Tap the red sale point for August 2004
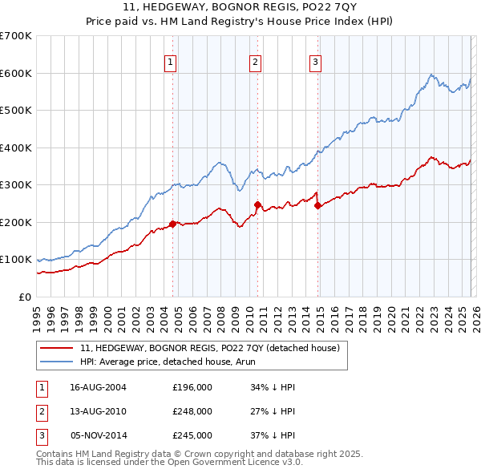pyautogui.click(x=172, y=224)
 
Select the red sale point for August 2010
pyautogui.click(x=257, y=204)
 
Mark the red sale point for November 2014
pyautogui.click(x=317, y=205)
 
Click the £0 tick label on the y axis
pyautogui.click(x=25, y=297)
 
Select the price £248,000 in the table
pyautogui.click(x=192, y=411)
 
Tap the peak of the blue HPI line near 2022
pyautogui.click(x=431, y=75)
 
